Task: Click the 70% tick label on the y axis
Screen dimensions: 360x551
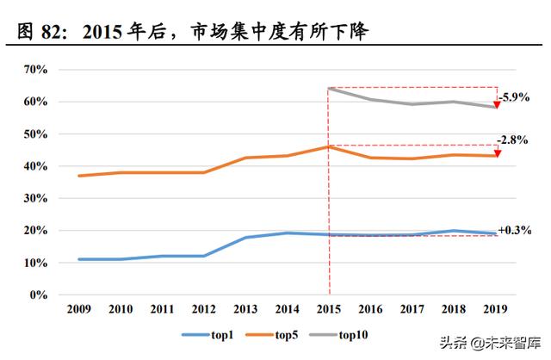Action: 37,69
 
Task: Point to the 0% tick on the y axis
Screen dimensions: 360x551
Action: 40,295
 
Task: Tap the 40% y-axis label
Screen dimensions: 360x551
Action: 37,166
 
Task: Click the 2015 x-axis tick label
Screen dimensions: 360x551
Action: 328,309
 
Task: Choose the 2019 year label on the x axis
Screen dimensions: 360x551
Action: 495,309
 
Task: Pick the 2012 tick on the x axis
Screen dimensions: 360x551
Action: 202,309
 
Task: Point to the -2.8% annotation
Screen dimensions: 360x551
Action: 512,140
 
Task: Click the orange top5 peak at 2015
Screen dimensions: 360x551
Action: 328,146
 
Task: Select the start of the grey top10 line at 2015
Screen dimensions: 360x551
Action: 328,88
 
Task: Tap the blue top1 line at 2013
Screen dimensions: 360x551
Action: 245,238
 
